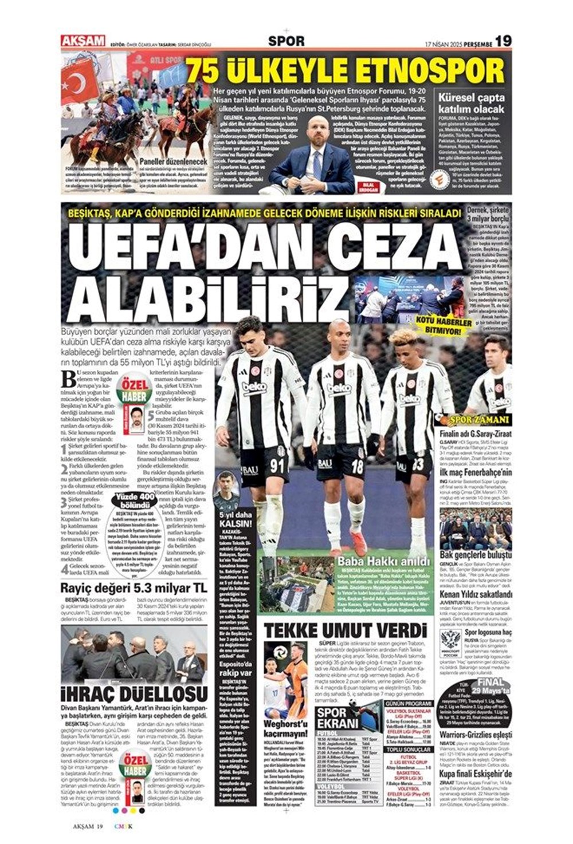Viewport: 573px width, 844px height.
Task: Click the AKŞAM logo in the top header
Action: click(x=83, y=41)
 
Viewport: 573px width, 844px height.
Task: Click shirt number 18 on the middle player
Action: click(x=357, y=466)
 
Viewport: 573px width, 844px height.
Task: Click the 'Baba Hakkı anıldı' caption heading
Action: click(x=383, y=561)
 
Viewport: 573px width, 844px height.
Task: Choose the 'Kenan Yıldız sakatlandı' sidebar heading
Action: click(x=476, y=610)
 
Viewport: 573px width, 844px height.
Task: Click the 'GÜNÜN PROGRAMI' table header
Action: click(x=409, y=703)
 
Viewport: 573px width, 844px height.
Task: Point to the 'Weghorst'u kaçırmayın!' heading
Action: click(x=285, y=728)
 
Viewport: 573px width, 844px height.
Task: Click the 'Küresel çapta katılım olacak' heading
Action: click(x=471, y=103)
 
